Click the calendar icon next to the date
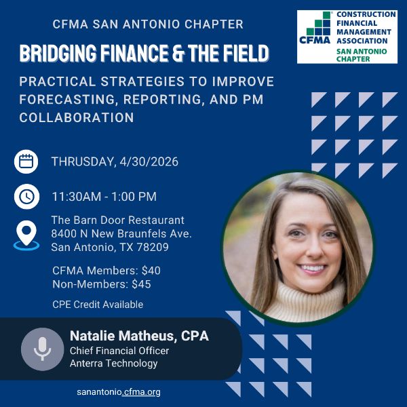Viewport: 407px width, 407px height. [x=26, y=161]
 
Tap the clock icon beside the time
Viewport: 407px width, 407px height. [x=26, y=197]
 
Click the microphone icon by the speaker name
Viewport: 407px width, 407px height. [x=42, y=349]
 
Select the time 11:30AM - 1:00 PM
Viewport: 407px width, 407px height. [x=104, y=197]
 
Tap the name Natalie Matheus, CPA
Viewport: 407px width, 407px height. [x=139, y=336]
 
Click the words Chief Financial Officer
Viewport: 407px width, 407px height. [x=119, y=351]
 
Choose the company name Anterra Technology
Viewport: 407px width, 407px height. [x=113, y=363]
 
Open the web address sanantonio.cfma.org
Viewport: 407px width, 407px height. [x=119, y=392]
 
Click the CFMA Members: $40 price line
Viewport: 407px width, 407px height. [x=106, y=270]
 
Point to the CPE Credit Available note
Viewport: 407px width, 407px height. [x=98, y=305]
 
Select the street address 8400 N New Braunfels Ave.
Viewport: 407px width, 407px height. [x=121, y=234]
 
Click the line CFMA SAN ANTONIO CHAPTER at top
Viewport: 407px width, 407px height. [x=148, y=24]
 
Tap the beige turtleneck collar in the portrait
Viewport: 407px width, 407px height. [x=305, y=298]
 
